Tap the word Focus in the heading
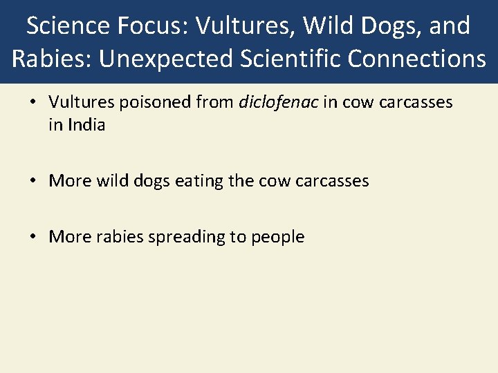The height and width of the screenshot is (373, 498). click(x=153, y=26)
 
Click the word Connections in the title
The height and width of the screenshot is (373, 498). click(x=417, y=59)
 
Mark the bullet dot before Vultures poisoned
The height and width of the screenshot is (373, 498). click(x=33, y=104)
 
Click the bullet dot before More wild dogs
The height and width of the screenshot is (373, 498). click(x=33, y=182)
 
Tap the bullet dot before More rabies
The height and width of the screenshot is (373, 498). click(x=33, y=238)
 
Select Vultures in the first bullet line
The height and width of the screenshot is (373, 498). click(x=77, y=103)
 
